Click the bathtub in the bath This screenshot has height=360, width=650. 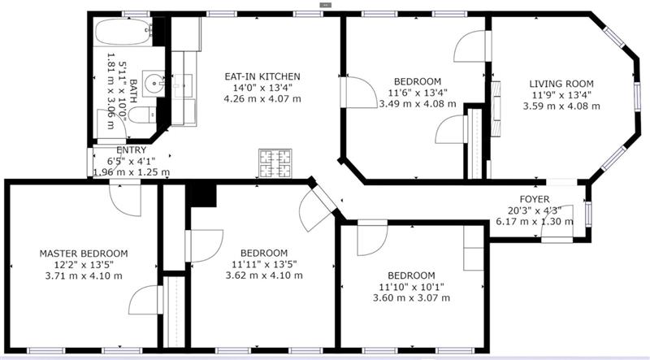point(123,32)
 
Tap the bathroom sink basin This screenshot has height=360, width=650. point(154,84)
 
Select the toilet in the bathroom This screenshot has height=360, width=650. point(141,115)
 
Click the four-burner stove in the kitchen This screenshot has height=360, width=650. point(275,163)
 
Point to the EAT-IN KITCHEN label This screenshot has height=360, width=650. point(262,76)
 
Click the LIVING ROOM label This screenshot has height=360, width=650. point(561,84)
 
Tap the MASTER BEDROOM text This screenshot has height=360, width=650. point(84,254)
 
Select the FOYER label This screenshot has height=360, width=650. point(535,199)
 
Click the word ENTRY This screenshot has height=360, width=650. point(132,150)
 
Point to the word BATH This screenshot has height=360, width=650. point(133,91)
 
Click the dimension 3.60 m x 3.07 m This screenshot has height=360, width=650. point(412,297)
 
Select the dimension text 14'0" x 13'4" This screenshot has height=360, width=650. point(262,88)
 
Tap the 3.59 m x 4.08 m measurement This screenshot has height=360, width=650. point(561,106)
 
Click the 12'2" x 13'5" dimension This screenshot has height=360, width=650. point(84,265)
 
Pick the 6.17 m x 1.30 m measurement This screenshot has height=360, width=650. point(535,222)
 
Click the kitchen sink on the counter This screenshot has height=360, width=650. point(183,86)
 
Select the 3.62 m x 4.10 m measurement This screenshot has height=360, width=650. point(264,275)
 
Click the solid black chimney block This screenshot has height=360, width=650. point(201,195)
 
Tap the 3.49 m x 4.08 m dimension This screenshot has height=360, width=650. point(418,104)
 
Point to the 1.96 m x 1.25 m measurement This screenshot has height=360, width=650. point(132,172)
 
